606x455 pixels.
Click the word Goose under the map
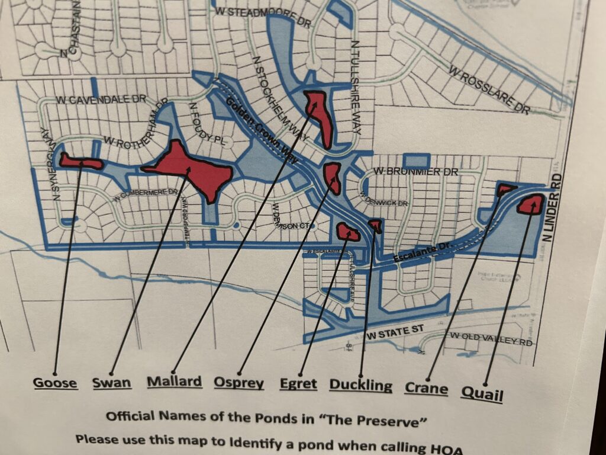click(55, 383)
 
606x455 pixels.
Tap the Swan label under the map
click(112, 383)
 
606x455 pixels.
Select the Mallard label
click(174, 382)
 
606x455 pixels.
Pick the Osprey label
click(238, 383)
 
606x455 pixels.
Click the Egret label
click(299, 384)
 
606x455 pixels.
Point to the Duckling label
click(360, 386)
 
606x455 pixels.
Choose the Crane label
click(426, 388)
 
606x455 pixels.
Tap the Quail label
click(483, 392)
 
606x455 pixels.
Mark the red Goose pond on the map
click(80, 161)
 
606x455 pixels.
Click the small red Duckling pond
click(375, 225)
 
